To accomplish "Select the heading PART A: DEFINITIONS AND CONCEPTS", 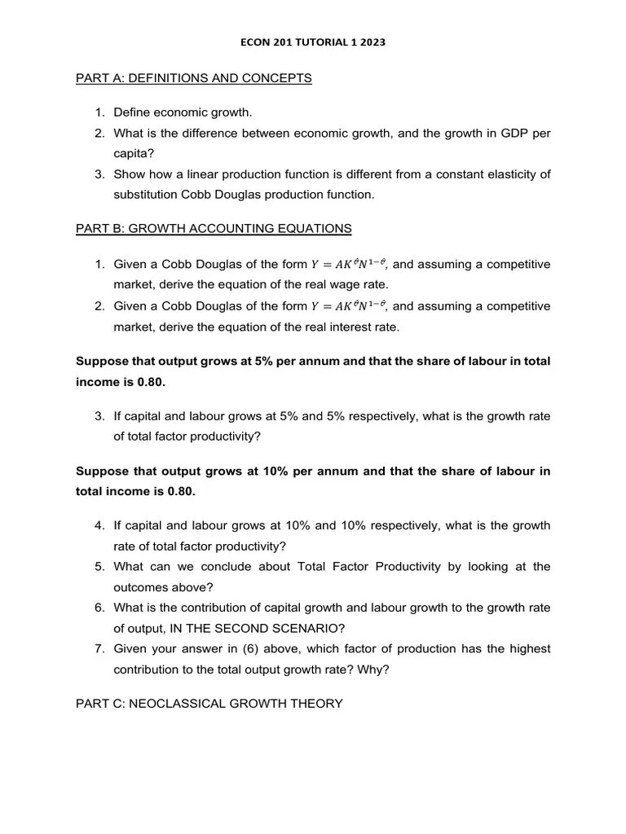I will coord(193,78).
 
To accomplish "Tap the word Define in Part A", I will coord(132,112).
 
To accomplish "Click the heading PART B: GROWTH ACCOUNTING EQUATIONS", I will coord(214,229).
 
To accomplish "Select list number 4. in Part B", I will coord(99,525).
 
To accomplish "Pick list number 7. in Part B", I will coord(99,649).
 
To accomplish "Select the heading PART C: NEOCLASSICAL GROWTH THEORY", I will coord(209,704).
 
